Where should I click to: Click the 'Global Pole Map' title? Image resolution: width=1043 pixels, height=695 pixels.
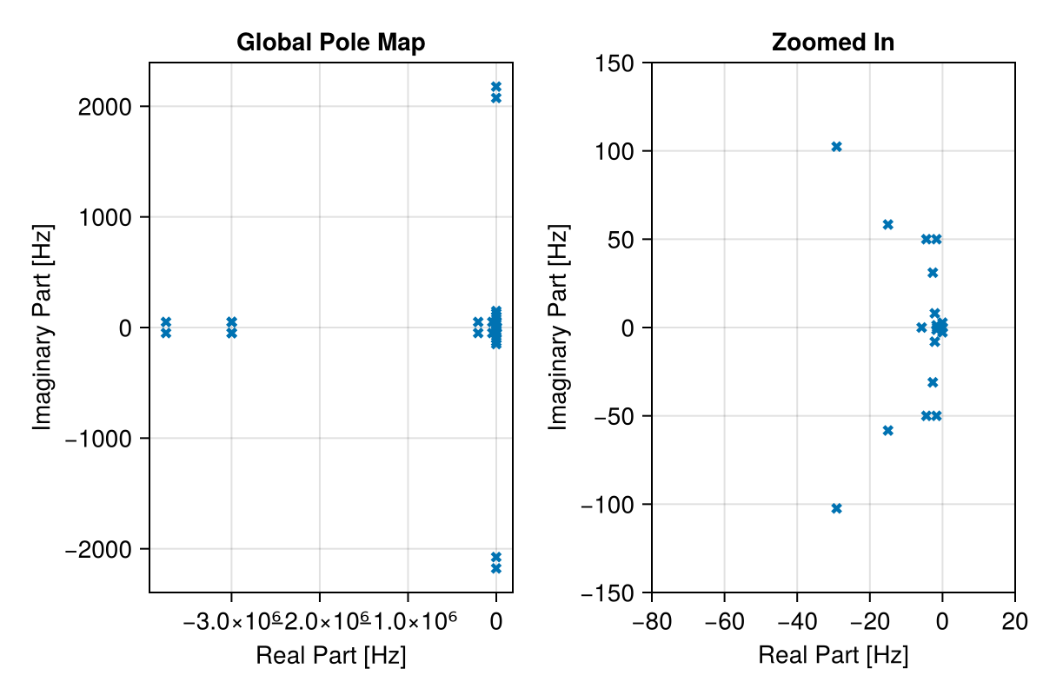click(330, 43)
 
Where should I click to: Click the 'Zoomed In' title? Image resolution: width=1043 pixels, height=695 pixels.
click(833, 43)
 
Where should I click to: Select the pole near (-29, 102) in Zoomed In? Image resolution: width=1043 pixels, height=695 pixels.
click(836, 147)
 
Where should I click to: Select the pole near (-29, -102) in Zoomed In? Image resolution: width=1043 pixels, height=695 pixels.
click(836, 508)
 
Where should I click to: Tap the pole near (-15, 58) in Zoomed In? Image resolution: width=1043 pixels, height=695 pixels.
click(887, 224)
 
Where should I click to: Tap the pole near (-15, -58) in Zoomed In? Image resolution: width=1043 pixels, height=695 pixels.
click(887, 430)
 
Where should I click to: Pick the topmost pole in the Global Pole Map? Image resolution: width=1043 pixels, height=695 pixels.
click(496, 87)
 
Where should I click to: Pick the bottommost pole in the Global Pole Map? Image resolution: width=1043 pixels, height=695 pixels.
click(496, 568)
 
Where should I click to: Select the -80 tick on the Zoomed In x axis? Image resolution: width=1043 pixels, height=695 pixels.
click(652, 622)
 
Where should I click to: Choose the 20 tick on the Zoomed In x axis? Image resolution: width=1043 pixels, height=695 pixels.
click(1014, 622)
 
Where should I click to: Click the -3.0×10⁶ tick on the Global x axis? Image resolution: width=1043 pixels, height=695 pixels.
click(231, 622)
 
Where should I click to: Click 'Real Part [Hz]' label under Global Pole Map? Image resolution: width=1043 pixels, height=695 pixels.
click(330, 656)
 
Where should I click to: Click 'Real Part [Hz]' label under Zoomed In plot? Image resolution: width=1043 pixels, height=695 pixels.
click(833, 656)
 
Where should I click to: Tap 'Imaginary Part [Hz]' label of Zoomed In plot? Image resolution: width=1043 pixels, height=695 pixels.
click(558, 328)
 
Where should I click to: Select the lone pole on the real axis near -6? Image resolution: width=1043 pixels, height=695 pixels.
click(921, 328)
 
